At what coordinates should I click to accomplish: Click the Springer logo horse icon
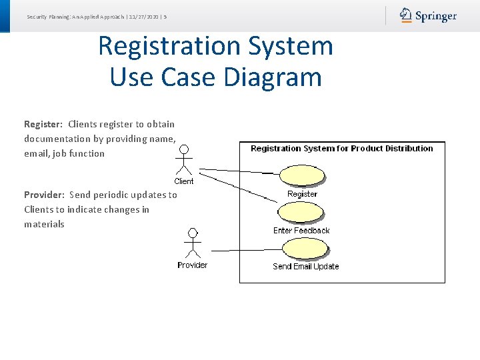[406, 15]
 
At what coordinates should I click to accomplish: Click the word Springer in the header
[436, 16]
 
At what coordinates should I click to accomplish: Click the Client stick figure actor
[184, 160]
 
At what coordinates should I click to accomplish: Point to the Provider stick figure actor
[193, 243]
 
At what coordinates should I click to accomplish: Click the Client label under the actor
[184, 181]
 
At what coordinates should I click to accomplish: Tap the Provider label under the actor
[192, 265]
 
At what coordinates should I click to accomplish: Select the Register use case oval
[303, 175]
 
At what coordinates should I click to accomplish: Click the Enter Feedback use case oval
[301, 212]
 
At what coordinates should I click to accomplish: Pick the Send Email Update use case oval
[305, 248]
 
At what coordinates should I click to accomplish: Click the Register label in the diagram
[302, 194]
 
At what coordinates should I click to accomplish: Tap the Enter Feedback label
[301, 231]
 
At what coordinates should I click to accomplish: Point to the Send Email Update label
[305, 267]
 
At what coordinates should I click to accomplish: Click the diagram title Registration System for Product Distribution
[341, 149]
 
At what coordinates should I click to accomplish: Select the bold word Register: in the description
[43, 124]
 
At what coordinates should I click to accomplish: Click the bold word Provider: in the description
[44, 195]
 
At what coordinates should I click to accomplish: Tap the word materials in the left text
[44, 224]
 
